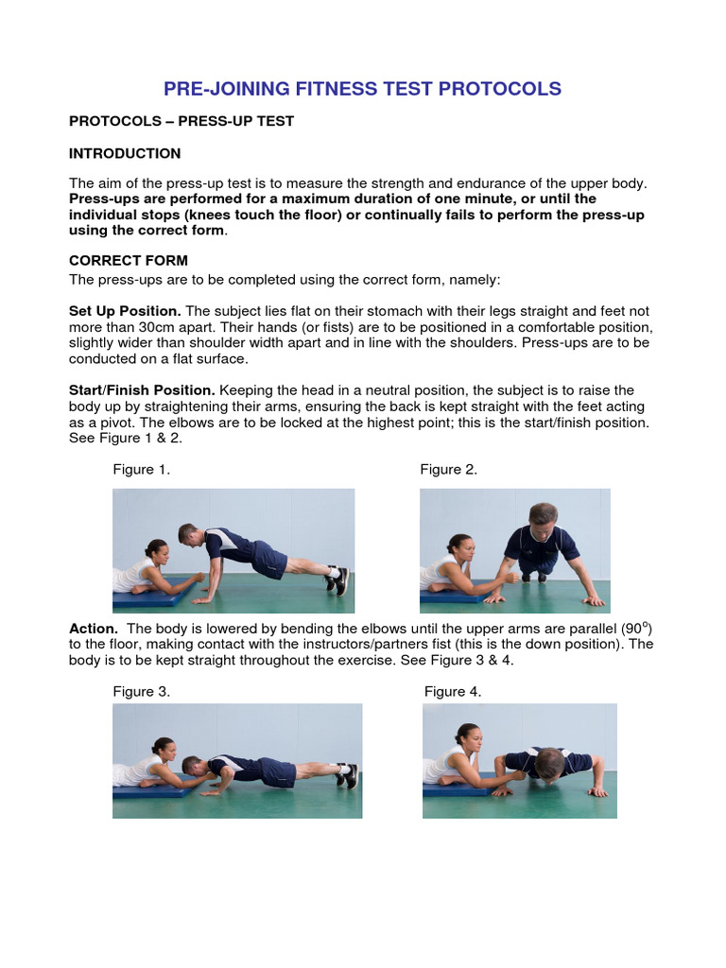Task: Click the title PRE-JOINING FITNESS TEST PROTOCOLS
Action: (x=362, y=89)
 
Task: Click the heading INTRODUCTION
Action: (x=125, y=153)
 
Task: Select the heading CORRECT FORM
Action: (x=129, y=260)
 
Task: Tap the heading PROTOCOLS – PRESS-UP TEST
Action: (x=181, y=121)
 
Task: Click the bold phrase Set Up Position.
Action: (x=125, y=311)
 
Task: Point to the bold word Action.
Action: (x=94, y=629)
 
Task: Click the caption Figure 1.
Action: (x=142, y=470)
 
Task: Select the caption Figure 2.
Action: (x=449, y=470)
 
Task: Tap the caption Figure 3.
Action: (x=142, y=691)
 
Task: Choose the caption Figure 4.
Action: (x=453, y=691)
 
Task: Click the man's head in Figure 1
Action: (x=188, y=534)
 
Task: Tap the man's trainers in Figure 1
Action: (x=338, y=579)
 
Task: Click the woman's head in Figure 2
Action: (x=459, y=546)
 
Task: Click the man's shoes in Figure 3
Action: (x=347, y=775)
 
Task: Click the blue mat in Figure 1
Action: (x=151, y=597)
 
